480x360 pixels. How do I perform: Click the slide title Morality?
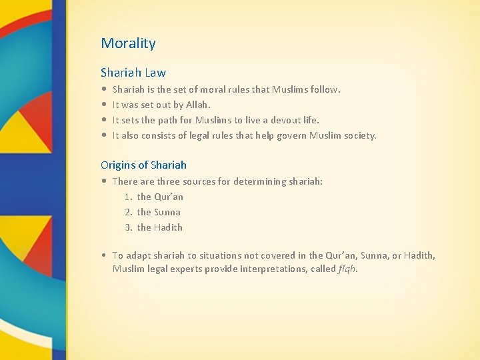point(128,43)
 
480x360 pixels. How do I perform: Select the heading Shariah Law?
point(133,72)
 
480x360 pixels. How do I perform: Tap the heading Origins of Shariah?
point(143,165)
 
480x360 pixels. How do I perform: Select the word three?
point(168,181)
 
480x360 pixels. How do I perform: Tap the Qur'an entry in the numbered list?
point(160,197)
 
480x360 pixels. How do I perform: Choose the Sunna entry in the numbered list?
point(159,212)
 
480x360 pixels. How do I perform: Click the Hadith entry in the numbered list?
point(159,227)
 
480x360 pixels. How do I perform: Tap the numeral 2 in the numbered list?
point(127,212)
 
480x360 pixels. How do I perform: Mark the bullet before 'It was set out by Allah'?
point(104,105)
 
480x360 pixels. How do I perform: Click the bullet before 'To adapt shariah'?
point(104,255)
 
